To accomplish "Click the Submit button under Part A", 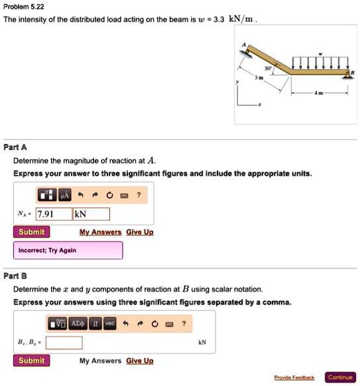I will tap(31, 232).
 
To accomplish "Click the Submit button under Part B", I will tap(31, 361).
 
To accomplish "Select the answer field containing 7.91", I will tap(53, 214).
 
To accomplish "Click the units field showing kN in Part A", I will tap(91, 214).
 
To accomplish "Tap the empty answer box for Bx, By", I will tap(64, 343).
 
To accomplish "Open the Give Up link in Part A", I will tap(139, 232).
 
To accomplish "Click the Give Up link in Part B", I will tap(139, 361).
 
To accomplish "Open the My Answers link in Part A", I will tap(100, 232).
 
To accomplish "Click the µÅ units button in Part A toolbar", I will tap(64, 195).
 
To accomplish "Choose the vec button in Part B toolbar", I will tap(109, 323).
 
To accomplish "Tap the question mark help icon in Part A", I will tap(138, 195).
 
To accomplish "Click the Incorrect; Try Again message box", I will tap(68, 250).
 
